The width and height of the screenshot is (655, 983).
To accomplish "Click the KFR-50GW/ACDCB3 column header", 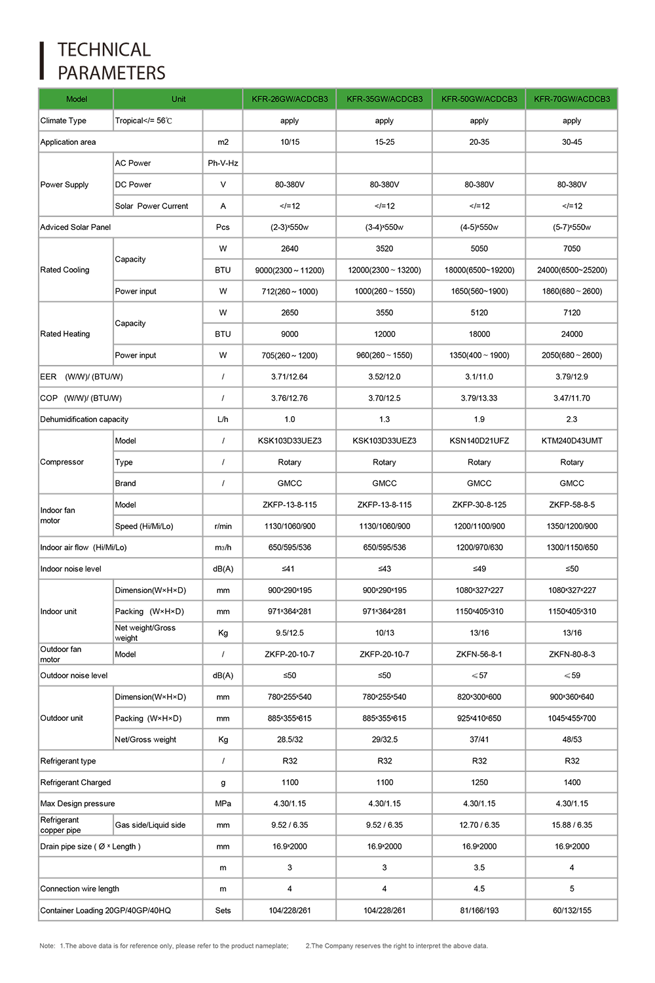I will pyautogui.click(x=479, y=99).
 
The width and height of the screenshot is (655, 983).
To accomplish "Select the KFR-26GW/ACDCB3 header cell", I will pyautogui.click(x=290, y=99).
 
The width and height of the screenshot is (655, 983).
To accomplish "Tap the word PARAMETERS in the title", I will pyautogui.click(x=111, y=73).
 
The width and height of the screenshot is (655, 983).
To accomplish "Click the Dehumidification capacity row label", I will pyautogui.click(x=84, y=419).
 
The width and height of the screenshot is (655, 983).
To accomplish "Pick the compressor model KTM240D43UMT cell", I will pyautogui.click(x=572, y=441).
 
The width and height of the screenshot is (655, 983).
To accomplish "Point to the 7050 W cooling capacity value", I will pyautogui.click(x=572, y=249).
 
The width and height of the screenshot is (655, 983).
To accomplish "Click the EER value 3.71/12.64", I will pyautogui.click(x=290, y=377).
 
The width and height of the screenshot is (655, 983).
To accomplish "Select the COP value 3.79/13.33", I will pyautogui.click(x=479, y=398).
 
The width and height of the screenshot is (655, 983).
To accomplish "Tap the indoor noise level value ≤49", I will pyautogui.click(x=479, y=569).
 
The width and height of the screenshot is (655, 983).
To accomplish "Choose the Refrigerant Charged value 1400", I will pyautogui.click(x=572, y=782).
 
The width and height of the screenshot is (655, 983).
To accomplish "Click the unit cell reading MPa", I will pyautogui.click(x=223, y=803).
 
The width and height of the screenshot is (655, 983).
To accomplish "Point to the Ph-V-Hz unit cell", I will pyautogui.click(x=223, y=163).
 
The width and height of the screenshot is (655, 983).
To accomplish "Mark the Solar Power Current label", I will pyautogui.click(x=151, y=206).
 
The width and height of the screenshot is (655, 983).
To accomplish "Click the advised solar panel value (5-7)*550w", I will pyautogui.click(x=572, y=227).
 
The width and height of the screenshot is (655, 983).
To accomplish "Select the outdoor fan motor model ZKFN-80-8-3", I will pyautogui.click(x=572, y=654).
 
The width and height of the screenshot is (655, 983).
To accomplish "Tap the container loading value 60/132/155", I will pyautogui.click(x=572, y=910).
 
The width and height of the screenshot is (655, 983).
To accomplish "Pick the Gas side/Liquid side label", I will pyautogui.click(x=150, y=825).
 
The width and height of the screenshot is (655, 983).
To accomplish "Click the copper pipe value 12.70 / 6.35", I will pyautogui.click(x=479, y=825).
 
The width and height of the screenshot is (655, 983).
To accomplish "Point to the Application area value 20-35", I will pyautogui.click(x=479, y=142).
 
